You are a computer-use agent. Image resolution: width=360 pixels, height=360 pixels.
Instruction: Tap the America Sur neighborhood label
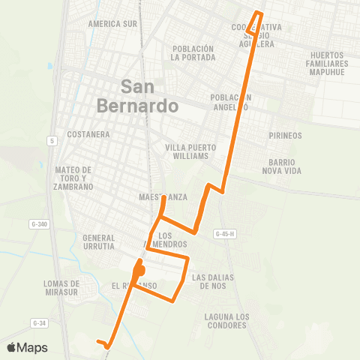click(x=112, y=24)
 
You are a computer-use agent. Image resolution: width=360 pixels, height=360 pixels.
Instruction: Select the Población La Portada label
click(x=193, y=52)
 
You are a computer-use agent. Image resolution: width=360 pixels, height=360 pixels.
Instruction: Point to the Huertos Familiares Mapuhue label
click(x=331, y=64)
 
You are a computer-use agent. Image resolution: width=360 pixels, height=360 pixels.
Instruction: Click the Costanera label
click(x=88, y=134)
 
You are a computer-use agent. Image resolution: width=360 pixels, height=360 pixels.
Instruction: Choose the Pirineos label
click(x=285, y=136)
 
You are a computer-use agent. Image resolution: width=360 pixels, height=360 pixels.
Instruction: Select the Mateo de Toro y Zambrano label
click(x=73, y=178)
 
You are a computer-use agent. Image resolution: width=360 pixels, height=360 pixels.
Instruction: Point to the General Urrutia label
click(x=98, y=241)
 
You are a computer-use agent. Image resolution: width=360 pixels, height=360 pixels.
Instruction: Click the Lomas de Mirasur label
click(x=61, y=288)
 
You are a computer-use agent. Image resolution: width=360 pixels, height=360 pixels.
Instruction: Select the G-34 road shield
click(x=39, y=322)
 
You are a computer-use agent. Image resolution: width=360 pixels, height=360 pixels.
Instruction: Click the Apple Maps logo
click(x=26, y=347)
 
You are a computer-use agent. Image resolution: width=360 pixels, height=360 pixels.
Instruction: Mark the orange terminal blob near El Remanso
click(x=139, y=270)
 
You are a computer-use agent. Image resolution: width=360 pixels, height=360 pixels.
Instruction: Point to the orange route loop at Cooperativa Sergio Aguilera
click(x=259, y=18)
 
